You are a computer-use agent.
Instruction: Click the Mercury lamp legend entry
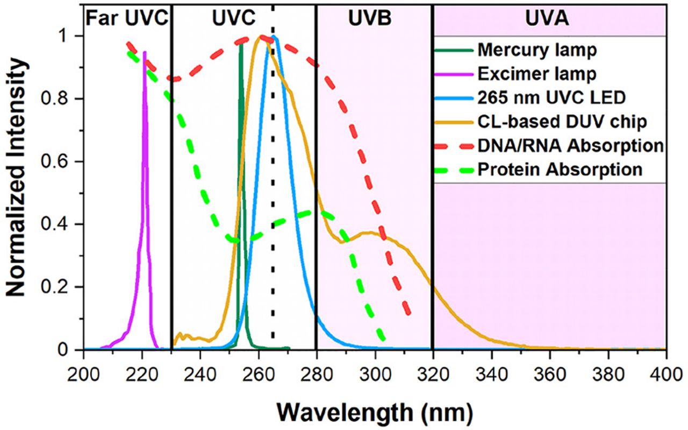coord(536,51)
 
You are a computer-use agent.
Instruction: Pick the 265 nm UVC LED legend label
coord(548,98)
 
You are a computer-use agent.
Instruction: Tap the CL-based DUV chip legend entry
coord(561,122)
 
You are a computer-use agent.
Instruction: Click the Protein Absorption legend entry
coord(560,169)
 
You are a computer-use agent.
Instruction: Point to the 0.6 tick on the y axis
coord(64,161)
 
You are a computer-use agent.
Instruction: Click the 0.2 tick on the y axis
coord(64,287)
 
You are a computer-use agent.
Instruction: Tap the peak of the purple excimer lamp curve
coord(145,52)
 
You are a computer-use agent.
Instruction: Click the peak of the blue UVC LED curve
coord(274,37)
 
